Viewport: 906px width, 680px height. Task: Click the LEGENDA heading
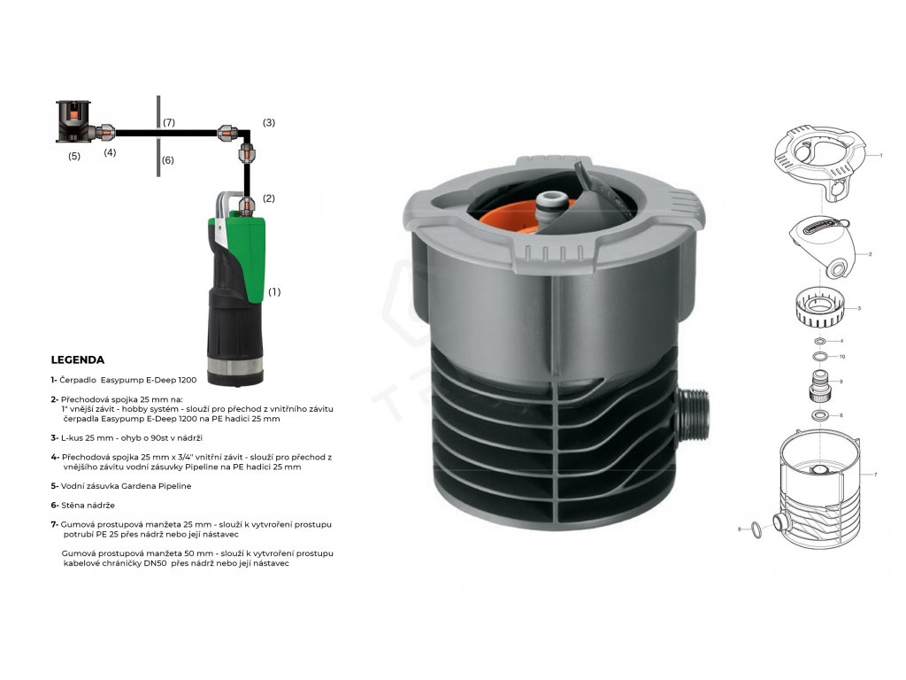point(78,359)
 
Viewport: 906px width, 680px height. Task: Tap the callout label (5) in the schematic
point(74,156)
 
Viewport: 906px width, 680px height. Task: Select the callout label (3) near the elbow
point(269,122)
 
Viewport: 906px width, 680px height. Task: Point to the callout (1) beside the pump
point(274,292)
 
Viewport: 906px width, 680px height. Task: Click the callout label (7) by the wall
point(168,122)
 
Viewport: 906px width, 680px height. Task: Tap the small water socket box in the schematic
point(74,120)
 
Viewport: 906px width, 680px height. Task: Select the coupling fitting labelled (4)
point(106,132)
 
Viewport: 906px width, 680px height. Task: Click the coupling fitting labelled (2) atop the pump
point(247,205)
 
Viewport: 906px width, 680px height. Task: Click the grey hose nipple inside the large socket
point(549,205)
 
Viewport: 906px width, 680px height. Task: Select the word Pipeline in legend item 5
point(174,486)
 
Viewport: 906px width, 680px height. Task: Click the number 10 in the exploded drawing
point(842,356)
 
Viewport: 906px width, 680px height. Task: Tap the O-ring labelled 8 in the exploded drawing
point(756,529)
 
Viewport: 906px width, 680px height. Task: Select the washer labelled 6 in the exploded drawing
point(818,414)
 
